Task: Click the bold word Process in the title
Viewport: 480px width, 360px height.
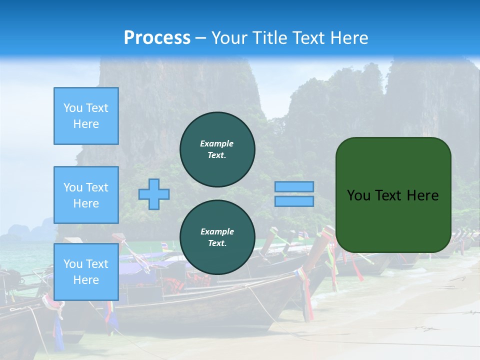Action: [x=157, y=38]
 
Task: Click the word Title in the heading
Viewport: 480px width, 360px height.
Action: [x=268, y=38]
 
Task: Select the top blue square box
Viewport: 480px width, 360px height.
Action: [x=86, y=116]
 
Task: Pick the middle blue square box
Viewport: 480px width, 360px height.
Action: [x=86, y=195]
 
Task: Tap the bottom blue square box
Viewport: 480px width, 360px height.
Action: [x=86, y=272]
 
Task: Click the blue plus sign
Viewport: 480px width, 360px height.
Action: [x=154, y=194]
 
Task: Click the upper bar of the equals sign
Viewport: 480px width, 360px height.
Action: [x=294, y=186]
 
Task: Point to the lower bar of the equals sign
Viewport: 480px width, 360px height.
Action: [x=294, y=201]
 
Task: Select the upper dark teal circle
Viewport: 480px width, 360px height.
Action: [x=217, y=149]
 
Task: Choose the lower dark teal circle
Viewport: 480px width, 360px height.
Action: [x=217, y=237]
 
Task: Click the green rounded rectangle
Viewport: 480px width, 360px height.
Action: [x=393, y=195]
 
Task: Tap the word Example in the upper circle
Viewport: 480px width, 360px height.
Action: [x=217, y=143]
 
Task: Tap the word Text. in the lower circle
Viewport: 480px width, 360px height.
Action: [x=217, y=243]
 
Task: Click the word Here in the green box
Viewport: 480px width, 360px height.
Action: [x=422, y=195]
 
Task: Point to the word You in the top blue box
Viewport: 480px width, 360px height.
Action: [x=72, y=108]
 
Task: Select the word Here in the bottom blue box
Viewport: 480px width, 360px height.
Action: [x=86, y=280]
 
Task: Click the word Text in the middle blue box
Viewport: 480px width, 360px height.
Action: [x=97, y=187]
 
